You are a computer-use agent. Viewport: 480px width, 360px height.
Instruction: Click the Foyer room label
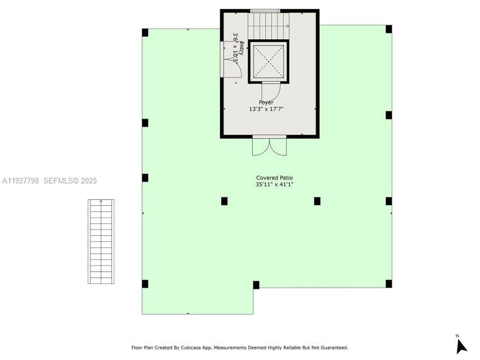[x=266, y=102]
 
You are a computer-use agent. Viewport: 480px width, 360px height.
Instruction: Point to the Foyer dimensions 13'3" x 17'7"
[x=266, y=109]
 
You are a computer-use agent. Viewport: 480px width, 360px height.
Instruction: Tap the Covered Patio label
[x=275, y=178]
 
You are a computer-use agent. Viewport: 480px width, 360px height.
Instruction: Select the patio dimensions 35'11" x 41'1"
[x=275, y=184]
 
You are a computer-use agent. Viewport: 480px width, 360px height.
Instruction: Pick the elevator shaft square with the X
[x=268, y=61]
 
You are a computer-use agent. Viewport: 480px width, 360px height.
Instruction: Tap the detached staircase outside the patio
[x=101, y=241]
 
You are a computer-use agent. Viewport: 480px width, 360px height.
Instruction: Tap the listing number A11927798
[x=20, y=181]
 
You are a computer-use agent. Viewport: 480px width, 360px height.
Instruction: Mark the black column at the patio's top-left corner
[x=145, y=32]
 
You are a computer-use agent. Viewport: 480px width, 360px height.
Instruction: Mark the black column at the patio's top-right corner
[x=389, y=29]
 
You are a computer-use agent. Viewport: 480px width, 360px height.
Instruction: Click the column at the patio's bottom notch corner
[x=256, y=285]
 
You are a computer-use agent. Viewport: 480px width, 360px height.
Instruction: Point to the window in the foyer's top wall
[x=265, y=10]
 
